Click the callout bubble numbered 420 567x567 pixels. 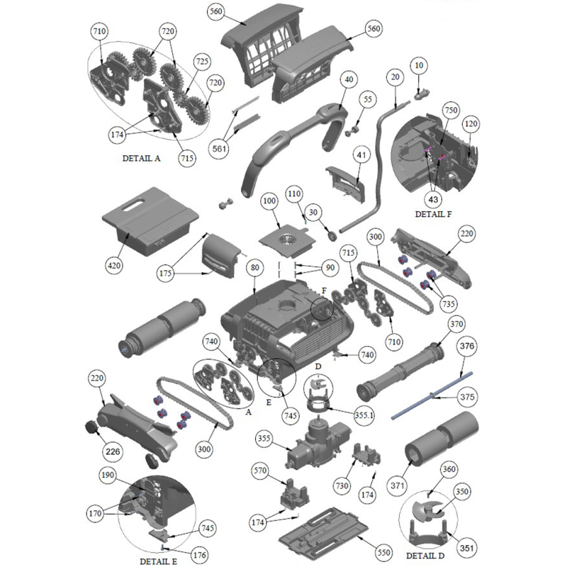(x=114, y=266)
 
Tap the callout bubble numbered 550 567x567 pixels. (x=383, y=552)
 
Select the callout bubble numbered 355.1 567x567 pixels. (x=364, y=415)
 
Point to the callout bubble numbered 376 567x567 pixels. (x=467, y=346)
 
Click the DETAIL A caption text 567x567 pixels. (x=141, y=158)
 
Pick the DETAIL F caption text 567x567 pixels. (x=433, y=214)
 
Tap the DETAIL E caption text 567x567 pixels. (x=158, y=561)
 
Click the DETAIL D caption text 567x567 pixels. (x=425, y=556)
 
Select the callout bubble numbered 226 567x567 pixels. (x=113, y=451)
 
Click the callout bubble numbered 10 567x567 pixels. (x=419, y=65)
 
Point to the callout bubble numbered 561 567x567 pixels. (x=220, y=149)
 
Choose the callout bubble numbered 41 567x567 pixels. (x=361, y=155)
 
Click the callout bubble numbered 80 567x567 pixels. (x=255, y=268)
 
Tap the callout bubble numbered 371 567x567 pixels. (x=398, y=485)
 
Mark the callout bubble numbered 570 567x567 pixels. (x=260, y=471)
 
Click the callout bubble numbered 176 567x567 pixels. (x=200, y=555)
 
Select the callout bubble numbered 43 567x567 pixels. (x=433, y=199)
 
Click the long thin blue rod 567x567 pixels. (x=432, y=396)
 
